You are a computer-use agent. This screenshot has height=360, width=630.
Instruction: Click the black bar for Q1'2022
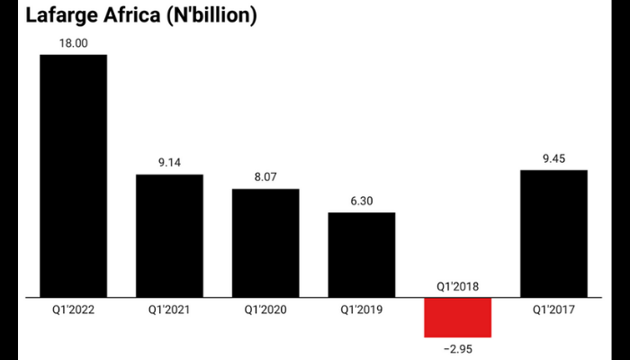pos(73,175)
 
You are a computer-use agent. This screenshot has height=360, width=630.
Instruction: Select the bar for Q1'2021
pos(169,235)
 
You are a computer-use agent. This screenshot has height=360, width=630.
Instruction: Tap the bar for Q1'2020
pos(265,242)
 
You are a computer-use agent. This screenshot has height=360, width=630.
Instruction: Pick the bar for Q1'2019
pos(361,254)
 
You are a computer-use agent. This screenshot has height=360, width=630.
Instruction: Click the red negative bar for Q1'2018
pos(457,317)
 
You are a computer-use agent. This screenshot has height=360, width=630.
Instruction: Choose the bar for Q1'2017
pos(553,233)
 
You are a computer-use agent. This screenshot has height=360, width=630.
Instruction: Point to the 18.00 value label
pos(73,41)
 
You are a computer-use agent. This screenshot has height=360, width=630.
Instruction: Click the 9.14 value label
pos(169,162)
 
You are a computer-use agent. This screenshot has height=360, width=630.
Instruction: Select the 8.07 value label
pos(265,176)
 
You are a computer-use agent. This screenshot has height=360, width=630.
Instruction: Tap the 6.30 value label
pos(361,200)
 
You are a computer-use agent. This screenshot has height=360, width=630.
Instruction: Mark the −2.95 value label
pos(457,349)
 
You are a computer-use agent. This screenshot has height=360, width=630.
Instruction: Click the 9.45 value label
pos(553,157)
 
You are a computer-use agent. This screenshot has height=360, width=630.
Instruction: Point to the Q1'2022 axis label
pos(73,310)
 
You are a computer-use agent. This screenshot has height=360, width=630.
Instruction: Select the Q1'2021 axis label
pos(169,310)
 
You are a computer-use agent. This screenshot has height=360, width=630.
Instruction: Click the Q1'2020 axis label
pos(265,310)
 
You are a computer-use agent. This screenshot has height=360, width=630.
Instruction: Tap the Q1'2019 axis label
pos(361,310)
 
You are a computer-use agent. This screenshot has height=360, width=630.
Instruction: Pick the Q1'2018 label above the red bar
pos(457,286)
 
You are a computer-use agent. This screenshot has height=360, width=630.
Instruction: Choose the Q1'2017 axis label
pos(553,310)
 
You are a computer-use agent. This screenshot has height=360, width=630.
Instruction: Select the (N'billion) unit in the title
pos(202,15)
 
